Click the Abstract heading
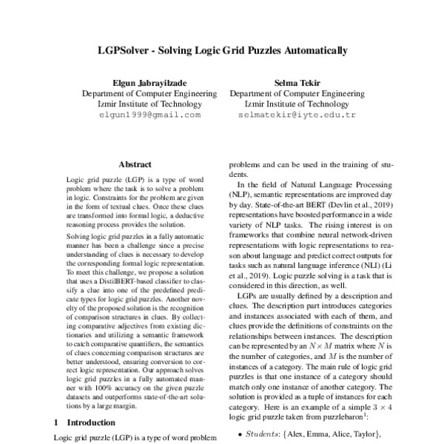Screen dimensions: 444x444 coord(135,164)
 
